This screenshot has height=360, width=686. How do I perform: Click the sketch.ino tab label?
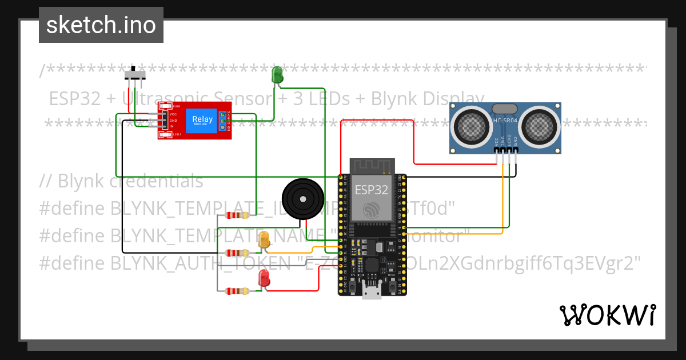coord(101,25)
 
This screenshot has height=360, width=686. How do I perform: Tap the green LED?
coord(277,75)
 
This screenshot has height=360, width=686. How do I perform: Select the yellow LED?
coord(264,240)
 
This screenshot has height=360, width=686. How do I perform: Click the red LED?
coord(264,278)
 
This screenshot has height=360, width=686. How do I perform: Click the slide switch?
coord(135,75)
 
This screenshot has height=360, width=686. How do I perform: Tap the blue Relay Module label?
coord(202,121)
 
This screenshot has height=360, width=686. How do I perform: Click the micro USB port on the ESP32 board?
coord(372,293)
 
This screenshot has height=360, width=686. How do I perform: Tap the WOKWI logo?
coord(607,315)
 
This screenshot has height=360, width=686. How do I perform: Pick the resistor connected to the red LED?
coord(237,291)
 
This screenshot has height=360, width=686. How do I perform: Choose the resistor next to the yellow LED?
coord(237,253)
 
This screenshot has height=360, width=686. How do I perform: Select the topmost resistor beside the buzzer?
coord(237,215)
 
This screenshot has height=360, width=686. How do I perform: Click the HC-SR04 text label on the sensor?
coord(505,120)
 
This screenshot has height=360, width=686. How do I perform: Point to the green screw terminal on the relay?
coord(220,121)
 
